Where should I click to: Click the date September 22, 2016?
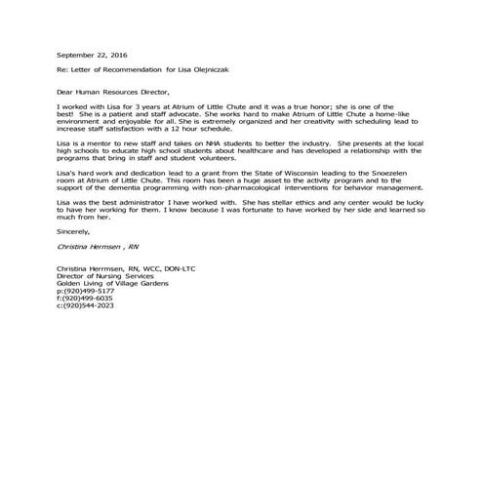coord(93,57)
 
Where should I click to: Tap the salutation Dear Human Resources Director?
coord(112,90)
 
